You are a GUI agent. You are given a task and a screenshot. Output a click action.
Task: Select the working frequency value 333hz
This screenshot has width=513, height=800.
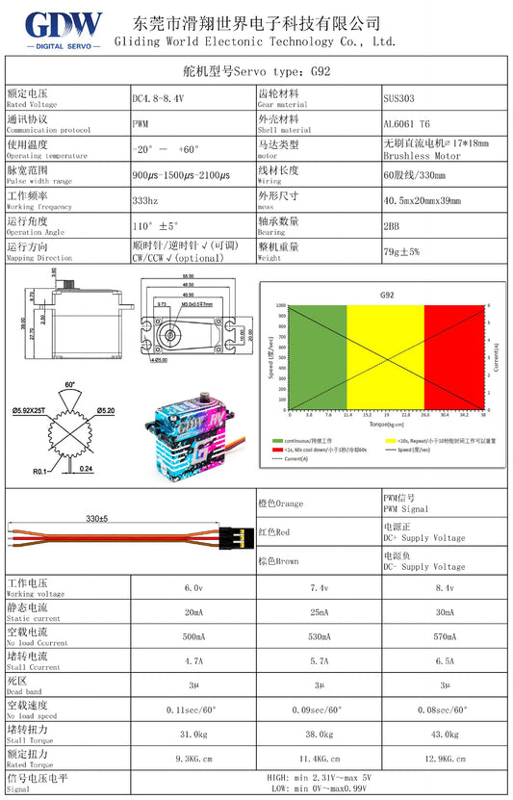click(144, 200)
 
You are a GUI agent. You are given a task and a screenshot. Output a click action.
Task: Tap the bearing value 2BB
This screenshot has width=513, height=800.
click(392, 225)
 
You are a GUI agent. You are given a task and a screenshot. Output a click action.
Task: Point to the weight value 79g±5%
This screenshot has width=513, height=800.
click(402, 251)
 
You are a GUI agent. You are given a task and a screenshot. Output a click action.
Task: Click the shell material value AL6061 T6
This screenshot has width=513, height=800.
click(407, 124)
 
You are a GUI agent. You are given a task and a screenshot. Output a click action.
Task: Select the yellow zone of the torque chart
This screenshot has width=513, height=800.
click(385, 356)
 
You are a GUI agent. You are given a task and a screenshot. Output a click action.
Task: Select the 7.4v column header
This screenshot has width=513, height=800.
click(320, 587)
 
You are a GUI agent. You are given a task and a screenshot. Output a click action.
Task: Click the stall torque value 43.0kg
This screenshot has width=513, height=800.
click(445, 735)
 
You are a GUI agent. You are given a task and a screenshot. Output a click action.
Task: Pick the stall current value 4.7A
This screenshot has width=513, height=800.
click(193, 661)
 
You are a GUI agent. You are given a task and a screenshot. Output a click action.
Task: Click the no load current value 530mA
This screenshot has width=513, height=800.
click(320, 636)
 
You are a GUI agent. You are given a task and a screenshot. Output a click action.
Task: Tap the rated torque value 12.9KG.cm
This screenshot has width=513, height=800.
click(445, 760)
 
